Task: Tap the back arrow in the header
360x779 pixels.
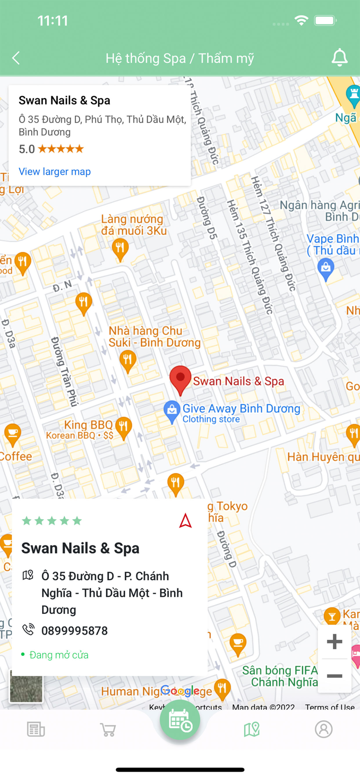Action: tap(16, 58)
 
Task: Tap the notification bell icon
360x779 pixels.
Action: tap(339, 58)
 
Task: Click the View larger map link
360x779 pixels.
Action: tap(55, 171)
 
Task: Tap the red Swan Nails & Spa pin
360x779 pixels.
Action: tap(180, 380)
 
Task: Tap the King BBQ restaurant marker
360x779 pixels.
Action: tap(123, 427)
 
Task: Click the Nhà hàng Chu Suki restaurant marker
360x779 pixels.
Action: tap(127, 359)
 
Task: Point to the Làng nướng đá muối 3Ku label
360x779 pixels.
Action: tap(134, 225)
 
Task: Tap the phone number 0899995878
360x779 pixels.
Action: tap(74, 630)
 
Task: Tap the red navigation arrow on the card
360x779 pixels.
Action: tap(185, 520)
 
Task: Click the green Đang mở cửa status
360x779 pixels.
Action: tap(58, 655)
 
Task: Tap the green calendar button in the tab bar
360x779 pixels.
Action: tap(180, 721)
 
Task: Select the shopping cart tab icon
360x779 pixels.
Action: tap(108, 730)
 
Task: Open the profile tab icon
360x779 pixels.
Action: tap(323, 729)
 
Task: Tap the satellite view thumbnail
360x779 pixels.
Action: tap(26, 686)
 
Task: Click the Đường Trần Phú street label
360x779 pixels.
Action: tap(64, 371)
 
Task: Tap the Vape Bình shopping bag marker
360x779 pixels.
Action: tap(326, 269)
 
